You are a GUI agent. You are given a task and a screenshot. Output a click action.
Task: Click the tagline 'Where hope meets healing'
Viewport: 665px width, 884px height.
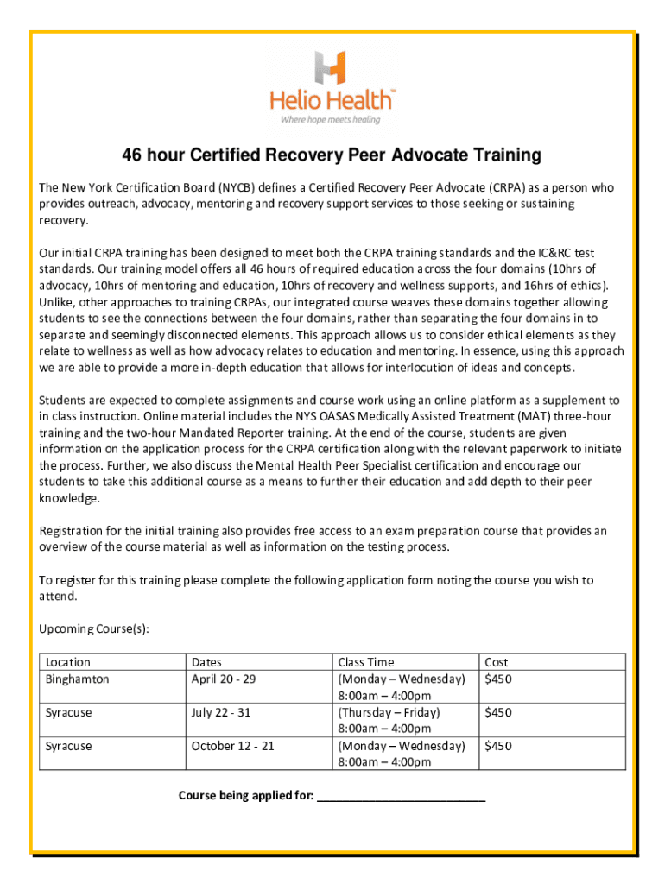coord(332,120)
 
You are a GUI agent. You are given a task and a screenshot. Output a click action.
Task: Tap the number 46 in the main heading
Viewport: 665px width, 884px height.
coord(133,155)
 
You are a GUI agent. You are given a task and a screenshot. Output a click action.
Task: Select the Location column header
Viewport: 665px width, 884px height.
coord(68,662)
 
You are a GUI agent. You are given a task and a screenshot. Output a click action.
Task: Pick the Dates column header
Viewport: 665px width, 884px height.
coord(206,662)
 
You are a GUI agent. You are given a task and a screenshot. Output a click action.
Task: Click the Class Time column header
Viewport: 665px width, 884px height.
coord(366,662)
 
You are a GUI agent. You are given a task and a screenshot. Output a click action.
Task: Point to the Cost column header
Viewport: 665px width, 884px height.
coord(497,662)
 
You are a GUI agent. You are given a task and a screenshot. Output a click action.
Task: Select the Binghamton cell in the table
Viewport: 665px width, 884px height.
coord(78,679)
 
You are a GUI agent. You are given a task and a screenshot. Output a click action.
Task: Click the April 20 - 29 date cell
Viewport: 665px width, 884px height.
coord(224,679)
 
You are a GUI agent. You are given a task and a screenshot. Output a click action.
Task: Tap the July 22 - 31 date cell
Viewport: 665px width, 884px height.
coord(220,712)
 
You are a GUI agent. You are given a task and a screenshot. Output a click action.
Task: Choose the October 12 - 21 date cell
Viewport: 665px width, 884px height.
coord(232,745)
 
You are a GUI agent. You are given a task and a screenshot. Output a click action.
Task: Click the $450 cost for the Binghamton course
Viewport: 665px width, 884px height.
coord(498,679)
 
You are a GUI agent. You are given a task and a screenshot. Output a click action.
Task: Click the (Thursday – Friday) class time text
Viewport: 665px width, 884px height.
coord(389,712)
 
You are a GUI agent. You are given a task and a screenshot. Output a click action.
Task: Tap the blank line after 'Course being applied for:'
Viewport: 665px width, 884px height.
coord(402,795)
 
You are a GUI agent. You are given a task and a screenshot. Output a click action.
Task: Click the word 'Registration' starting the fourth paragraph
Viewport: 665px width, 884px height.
coord(72,530)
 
